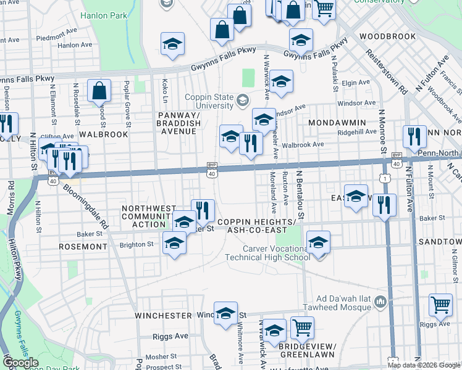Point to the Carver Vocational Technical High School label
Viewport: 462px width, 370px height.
point(275,253)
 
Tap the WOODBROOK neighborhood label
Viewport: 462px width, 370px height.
point(387,37)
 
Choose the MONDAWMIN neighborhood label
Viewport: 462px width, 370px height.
point(338,123)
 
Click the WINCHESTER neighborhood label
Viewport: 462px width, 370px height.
point(164,315)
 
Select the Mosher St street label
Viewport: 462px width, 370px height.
point(161,356)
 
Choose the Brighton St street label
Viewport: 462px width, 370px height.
point(136,244)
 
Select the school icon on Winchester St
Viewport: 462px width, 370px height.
point(226,312)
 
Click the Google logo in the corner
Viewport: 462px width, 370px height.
point(21,363)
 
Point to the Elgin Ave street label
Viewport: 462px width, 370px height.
point(355,83)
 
